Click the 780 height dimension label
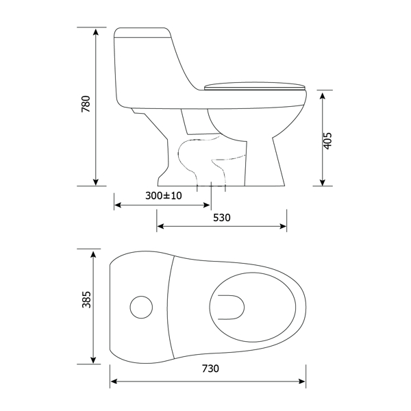(x=86, y=104)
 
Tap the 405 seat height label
(x=327, y=140)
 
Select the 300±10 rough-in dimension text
(x=164, y=195)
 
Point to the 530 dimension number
(x=222, y=218)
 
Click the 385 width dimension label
(x=86, y=299)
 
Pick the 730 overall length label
(x=210, y=369)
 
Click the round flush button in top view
(x=141, y=307)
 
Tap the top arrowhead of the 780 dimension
(x=96, y=32)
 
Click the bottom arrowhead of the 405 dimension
(x=323, y=182)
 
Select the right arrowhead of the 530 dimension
(x=283, y=226)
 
